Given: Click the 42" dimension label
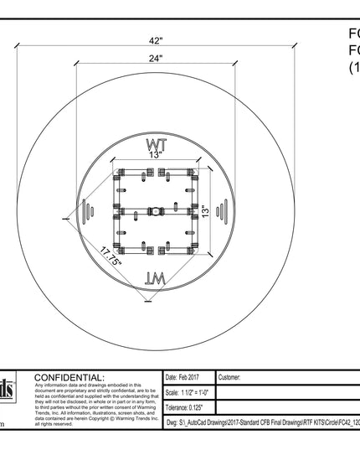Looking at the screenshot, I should (156, 41).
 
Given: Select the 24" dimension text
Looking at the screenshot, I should (157, 58).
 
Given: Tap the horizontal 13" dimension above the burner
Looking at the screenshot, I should (156, 155).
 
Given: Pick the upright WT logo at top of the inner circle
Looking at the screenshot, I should (157, 144).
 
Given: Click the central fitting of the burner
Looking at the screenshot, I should (156, 212).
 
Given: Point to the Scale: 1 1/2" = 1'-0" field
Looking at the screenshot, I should (188, 393).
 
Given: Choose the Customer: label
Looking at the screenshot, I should (234, 378).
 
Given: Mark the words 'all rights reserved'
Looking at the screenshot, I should (54, 424).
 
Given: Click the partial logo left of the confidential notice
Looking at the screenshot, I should (8, 391).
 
